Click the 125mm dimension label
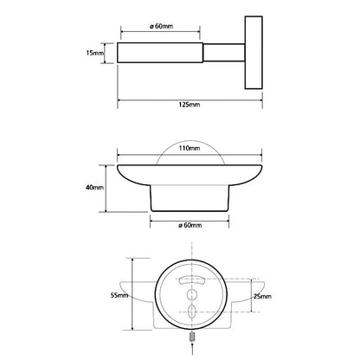pyautogui.click(x=190, y=105)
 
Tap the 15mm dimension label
pyautogui.click(x=94, y=53)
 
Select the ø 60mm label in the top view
pyautogui.click(x=162, y=26)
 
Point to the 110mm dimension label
pyautogui.click(x=190, y=148)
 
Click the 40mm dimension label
pyautogui.click(x=94, y=188)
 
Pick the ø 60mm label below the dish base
pyautogui.click(x=190, y=225)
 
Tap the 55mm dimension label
pyautogui.click(x=119, y=295)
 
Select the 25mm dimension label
pyautogui.click(x=262, y=296)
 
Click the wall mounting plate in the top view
pyautogui.click(x=254, y=53)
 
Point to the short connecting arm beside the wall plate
pyautogui.click(x=224, y=53)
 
